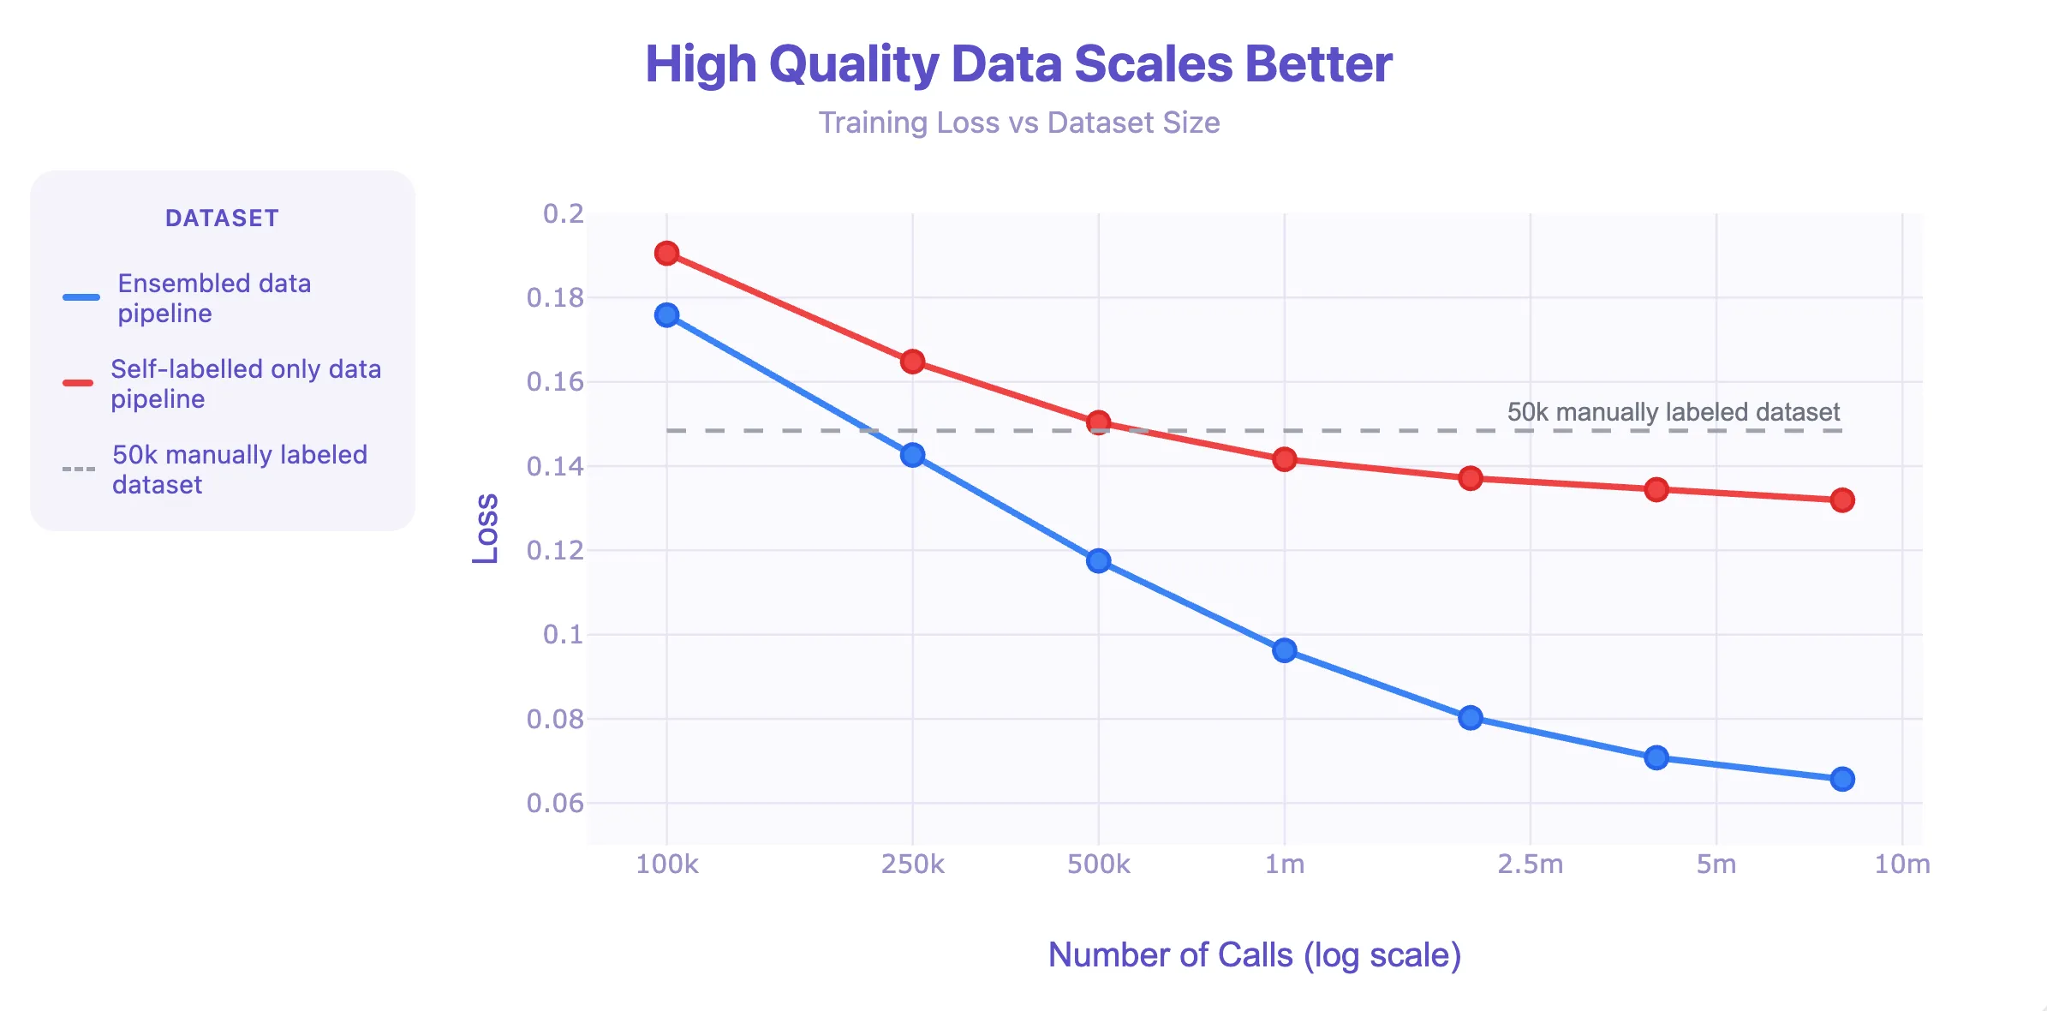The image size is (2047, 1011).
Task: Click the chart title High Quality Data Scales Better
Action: click(x=1018, y=64)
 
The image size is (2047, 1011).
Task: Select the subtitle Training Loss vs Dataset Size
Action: click(x=1018, y=123)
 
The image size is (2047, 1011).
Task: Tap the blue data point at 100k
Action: click(x=666, y=315)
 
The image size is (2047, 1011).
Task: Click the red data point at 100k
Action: click(x=666, y=254)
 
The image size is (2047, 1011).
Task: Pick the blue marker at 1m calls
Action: click(x=1284, y=650)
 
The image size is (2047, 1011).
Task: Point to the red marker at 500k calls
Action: click(x=1098, y=422)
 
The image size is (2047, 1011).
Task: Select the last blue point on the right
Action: click(x=1842, y=779)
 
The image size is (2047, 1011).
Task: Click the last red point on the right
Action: click(x=1842, y=500)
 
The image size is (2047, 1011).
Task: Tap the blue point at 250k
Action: click(x=912, y=455)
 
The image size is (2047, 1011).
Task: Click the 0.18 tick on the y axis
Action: click(x=555, y=298)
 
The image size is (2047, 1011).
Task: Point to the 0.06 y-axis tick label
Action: click(x=555, y=804)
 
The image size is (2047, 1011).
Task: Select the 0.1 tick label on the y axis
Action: click(x=564, y=635)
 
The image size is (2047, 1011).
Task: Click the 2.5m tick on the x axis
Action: click(x=1530, y=864)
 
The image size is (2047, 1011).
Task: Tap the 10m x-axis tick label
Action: click(x=1902, y=864)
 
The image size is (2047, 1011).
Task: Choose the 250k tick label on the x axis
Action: click(x=912, y=864)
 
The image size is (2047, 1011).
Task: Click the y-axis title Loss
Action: click(x=486, y=529)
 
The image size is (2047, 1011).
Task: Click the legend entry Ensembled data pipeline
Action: click(x=214, y=298)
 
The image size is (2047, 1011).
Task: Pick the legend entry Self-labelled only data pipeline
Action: click(x=246, y=384)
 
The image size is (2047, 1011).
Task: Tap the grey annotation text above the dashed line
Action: click(x=1674, y=412)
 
